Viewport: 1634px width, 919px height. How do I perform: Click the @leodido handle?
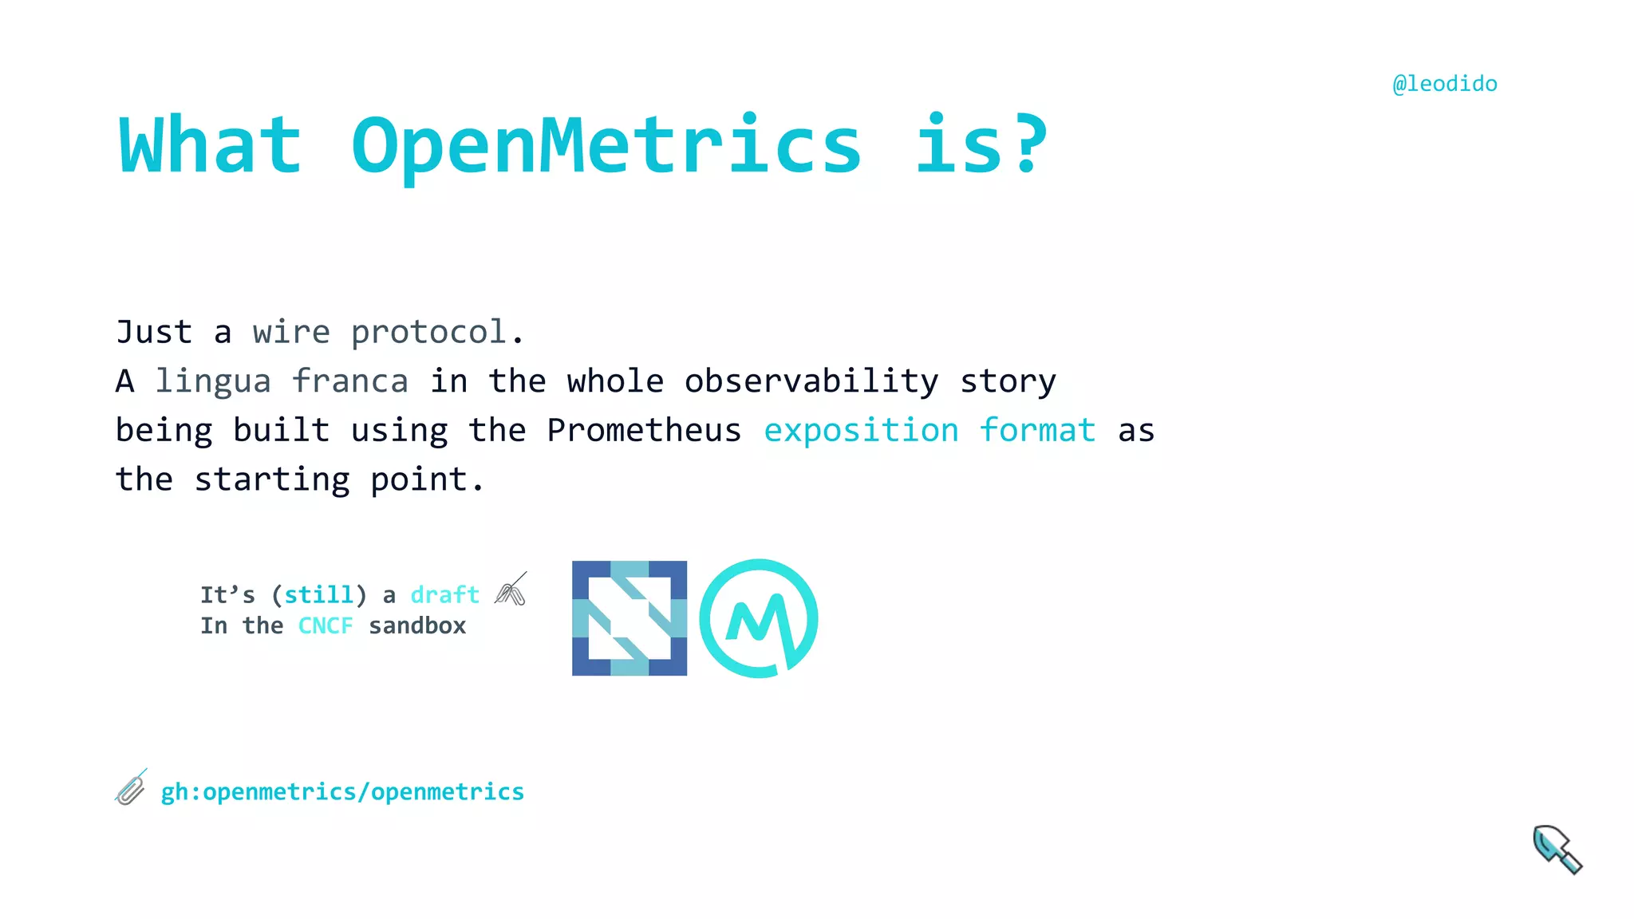[x=1444, y=84]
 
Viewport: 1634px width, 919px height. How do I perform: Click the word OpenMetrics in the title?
[x=606, y=145]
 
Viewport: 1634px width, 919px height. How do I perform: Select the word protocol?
[x=428, y=333]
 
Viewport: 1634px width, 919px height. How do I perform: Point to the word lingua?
[x=213, y=381]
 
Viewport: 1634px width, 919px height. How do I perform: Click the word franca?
[x=349, y=381]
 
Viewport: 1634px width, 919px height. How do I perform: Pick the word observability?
[x=811, y=381]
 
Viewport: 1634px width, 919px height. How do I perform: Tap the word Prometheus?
[x=644, y=431]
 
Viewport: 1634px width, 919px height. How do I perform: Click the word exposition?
[x=861, y=431]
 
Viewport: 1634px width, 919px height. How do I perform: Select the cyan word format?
[x=1037, y=431]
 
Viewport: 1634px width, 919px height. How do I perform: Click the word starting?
[x=272, y=479]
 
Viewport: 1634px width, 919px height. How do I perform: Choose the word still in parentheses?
[x=319, y=595]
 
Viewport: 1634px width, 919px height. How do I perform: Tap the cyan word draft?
[x=444, y=595]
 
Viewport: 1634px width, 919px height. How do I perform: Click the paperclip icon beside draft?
[x=511, y=590]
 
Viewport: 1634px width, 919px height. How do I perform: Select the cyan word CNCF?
[x=326, y=626]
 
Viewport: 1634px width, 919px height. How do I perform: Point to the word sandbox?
[x=417, y=626]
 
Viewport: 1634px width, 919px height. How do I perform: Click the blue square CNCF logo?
[x=630, y=618]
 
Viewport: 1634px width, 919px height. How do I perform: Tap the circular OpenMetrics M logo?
[x=759, y=618]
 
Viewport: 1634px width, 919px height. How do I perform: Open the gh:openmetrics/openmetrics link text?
[x=342, y=792]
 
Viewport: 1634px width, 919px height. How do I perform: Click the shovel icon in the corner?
[x=1557, y=850]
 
